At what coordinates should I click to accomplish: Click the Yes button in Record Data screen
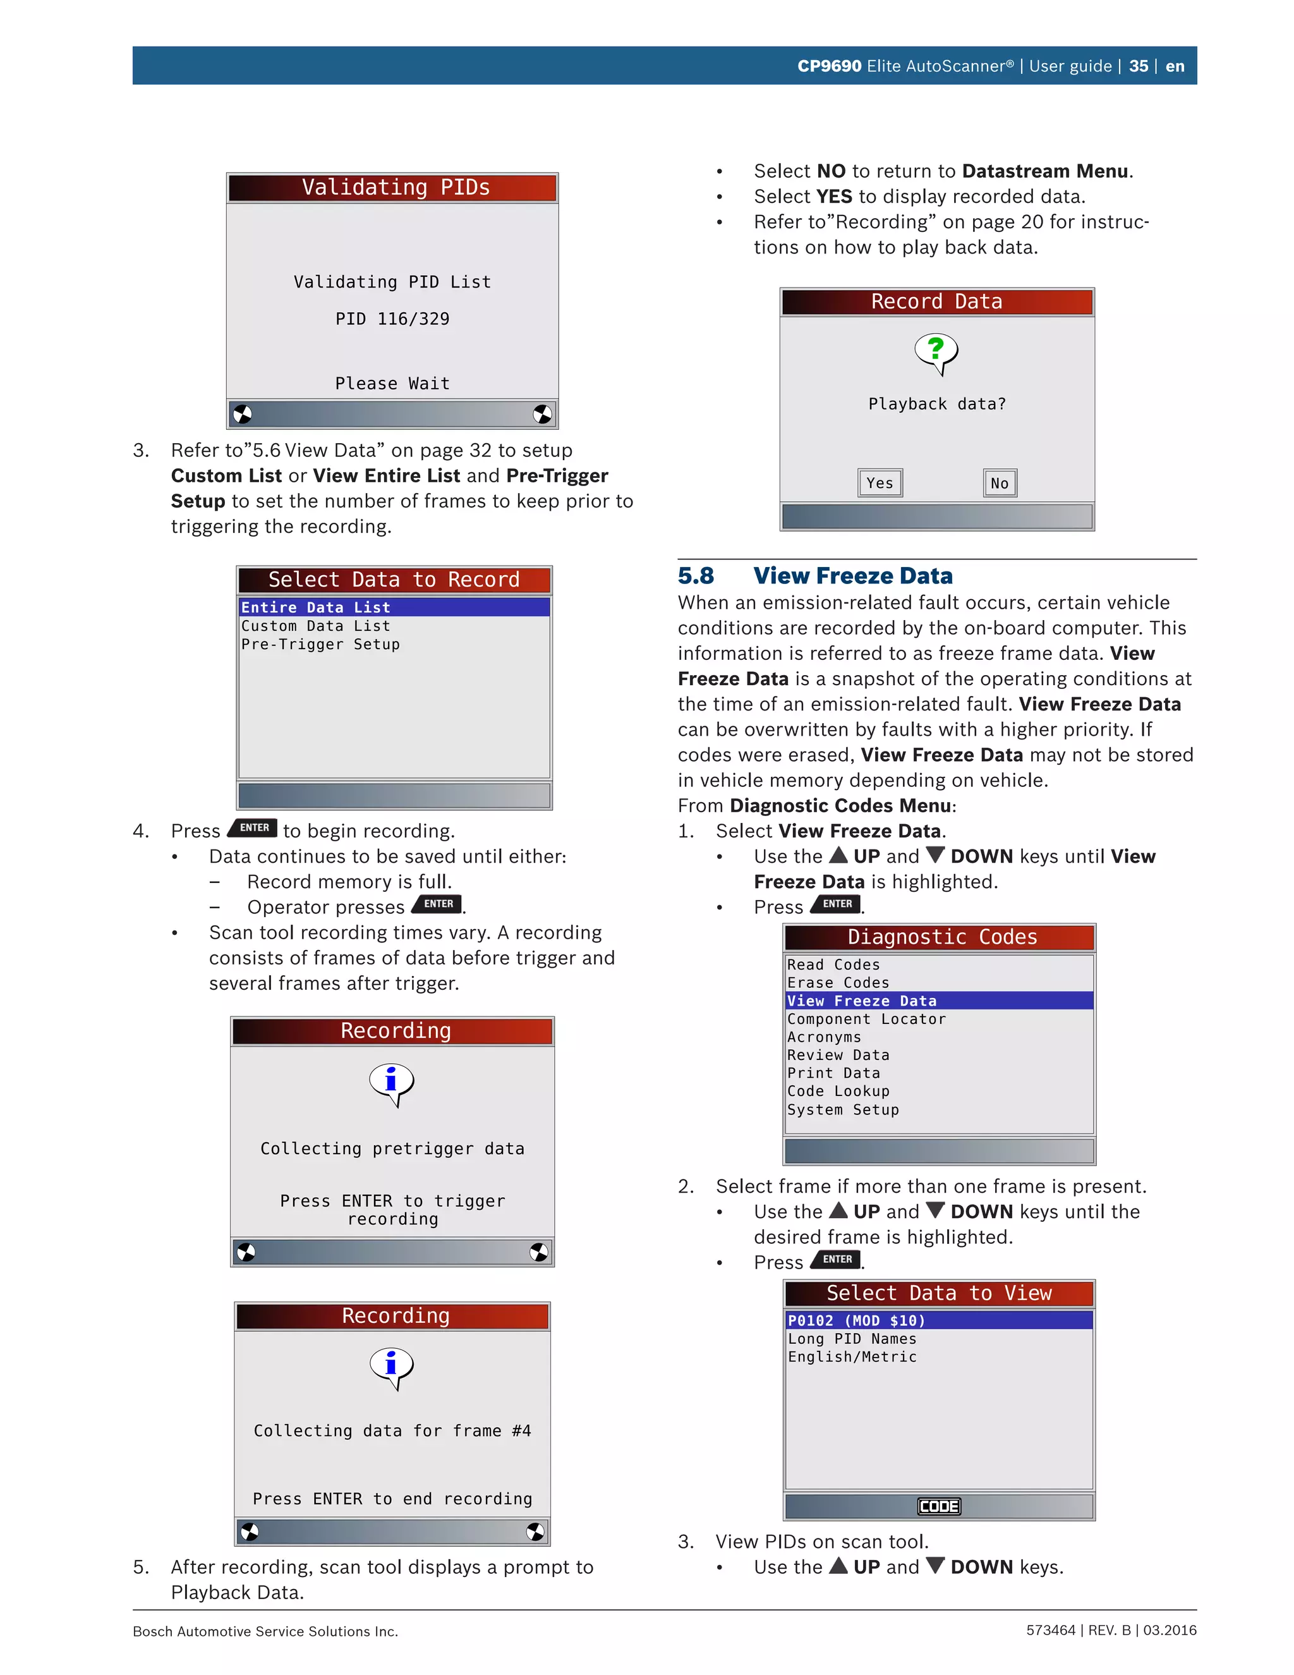click(880, 483)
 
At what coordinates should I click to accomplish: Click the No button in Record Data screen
click(999, 483)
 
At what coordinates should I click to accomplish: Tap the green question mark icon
click(935, 350)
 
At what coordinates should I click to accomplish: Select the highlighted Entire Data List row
click(393, 607)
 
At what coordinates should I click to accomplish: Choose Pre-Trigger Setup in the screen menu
click(320, 644)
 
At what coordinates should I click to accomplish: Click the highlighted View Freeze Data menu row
click(938, 1001)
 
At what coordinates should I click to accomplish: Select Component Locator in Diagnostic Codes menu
click(866, 1020)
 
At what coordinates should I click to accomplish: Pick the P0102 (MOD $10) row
click(857, 1320)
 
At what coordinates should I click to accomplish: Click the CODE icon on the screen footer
click(938, 1506)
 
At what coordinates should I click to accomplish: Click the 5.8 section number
click(695, 576)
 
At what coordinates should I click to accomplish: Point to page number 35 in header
click(1139, 66)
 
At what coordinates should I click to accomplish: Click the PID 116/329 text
click(392, 319)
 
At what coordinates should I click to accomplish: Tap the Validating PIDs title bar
click(392, 188)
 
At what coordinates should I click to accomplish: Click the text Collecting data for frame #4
click(392, 1431)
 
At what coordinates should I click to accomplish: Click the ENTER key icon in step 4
click(254, 828)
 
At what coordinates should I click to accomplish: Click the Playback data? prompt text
click(937, 404)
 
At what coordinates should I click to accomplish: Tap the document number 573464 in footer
click(1050, 1631)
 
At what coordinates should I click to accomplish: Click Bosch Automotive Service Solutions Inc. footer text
click(265, 1631)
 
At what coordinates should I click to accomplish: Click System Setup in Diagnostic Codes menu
click(842, 1110)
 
